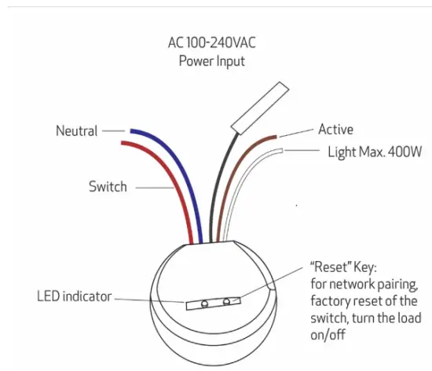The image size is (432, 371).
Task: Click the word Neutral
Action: click(76, 131)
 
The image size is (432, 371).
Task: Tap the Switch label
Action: click(107, 187)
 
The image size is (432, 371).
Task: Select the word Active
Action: click(335, 130)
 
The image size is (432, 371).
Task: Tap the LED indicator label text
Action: click(74, 296)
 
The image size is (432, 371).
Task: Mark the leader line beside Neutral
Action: click(113, 130)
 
